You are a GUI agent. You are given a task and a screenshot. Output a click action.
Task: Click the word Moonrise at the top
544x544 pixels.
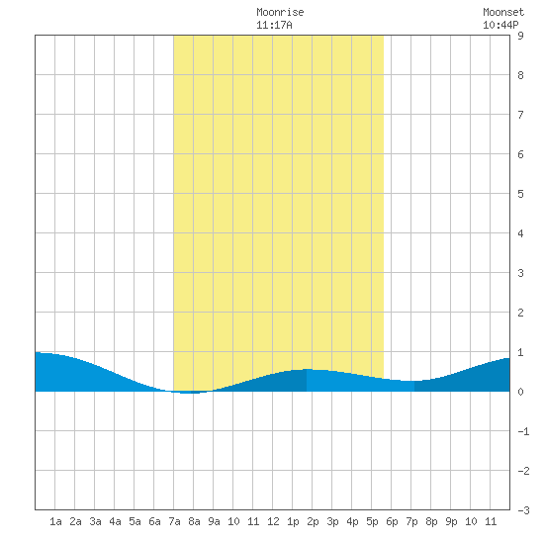tap(280, 12)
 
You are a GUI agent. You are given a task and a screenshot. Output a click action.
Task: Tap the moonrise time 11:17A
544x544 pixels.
tap(274, 25)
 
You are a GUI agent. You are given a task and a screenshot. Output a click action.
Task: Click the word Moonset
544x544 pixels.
tap(503, 12)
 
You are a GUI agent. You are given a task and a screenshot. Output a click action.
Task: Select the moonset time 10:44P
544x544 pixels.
tap(500, 25)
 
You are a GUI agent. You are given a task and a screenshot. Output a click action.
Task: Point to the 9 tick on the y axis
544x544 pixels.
tap(520, 36)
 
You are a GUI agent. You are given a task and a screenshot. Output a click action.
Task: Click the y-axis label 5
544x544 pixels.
tap(520, 194)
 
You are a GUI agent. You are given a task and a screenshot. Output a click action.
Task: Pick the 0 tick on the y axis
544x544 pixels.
tap(520, 392)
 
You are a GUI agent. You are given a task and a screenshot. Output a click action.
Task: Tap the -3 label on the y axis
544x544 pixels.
tap(523, 510)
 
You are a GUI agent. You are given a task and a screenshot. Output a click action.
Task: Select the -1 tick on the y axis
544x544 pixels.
tap(523, 431)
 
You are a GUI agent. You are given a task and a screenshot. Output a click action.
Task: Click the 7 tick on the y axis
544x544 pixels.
tap(520, 115)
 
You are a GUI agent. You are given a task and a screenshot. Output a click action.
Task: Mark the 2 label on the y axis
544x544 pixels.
tap(520, 313)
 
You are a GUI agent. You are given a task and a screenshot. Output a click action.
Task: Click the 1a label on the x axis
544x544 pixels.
tap(55, 521)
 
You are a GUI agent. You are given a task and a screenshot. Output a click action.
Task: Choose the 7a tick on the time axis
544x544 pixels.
tap(174, 521)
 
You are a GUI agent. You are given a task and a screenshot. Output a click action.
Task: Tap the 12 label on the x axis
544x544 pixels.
tap(273, 521)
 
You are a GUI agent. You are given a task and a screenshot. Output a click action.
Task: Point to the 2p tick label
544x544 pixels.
tap(313, 521)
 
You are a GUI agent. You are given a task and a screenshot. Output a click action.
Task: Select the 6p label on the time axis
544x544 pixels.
tap(392, 521)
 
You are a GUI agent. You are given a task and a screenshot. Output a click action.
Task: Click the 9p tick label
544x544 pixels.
tap(451, 521)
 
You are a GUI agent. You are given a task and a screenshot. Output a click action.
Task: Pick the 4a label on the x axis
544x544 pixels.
tap(115, 521)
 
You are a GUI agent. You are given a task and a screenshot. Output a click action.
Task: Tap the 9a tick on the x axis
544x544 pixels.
tap(214, 521)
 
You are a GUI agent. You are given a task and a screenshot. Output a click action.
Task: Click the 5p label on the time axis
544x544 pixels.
tap(372, 521)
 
